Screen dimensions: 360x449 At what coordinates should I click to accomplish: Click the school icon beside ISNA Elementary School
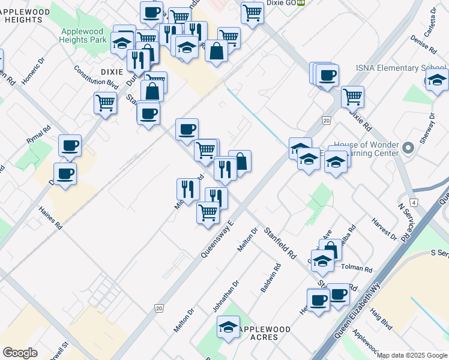(436, 80)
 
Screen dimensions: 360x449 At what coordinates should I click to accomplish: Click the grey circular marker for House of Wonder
(408, 148)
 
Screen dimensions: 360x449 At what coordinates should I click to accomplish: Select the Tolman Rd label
(357, 269)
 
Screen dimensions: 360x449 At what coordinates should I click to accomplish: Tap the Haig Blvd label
(382, 320)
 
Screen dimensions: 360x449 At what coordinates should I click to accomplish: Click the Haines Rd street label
(50, 218)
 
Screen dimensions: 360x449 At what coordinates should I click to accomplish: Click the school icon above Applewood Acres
(228, 328)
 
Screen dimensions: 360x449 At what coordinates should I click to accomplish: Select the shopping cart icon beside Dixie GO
(253, 11)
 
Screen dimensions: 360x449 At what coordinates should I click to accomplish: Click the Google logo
(20, 353)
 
